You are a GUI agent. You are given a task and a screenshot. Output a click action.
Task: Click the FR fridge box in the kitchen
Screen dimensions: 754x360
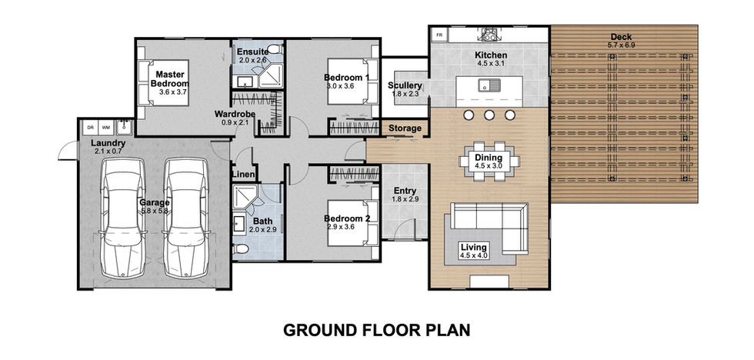point(439,35)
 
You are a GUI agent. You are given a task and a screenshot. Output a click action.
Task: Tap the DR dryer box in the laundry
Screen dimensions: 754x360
point(90,128)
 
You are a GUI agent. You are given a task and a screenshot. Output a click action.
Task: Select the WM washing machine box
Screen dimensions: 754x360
point(105,128)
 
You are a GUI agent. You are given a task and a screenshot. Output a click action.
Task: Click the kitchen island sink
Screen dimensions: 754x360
point(489,86)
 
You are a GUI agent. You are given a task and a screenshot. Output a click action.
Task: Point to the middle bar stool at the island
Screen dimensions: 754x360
point(489,115)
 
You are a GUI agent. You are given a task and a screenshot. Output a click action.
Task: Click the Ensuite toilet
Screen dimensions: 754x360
point(275,48)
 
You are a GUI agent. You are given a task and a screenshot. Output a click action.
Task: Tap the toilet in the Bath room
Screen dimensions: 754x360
point(240,248)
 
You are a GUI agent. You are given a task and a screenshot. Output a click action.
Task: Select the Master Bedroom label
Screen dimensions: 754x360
point(168,78)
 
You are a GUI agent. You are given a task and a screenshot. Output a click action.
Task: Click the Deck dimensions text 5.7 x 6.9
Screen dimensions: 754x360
point(622,45)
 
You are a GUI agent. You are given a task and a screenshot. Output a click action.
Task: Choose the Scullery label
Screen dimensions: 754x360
point(405,86)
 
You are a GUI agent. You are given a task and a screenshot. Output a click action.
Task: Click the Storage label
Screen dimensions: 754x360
point(405,128)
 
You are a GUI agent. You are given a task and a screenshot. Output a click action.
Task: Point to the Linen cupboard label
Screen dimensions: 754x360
point(244,175)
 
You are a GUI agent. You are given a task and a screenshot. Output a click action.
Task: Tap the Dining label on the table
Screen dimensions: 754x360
point(489,158)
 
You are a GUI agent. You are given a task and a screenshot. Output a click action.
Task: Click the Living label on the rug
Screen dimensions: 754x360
point(474,248)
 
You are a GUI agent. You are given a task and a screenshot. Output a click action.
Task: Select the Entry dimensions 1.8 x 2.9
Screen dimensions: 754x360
point(405,199)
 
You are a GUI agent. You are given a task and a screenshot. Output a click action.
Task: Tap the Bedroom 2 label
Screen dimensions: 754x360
point(347,218)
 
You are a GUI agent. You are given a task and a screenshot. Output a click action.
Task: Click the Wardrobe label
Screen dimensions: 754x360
point(235,115)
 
